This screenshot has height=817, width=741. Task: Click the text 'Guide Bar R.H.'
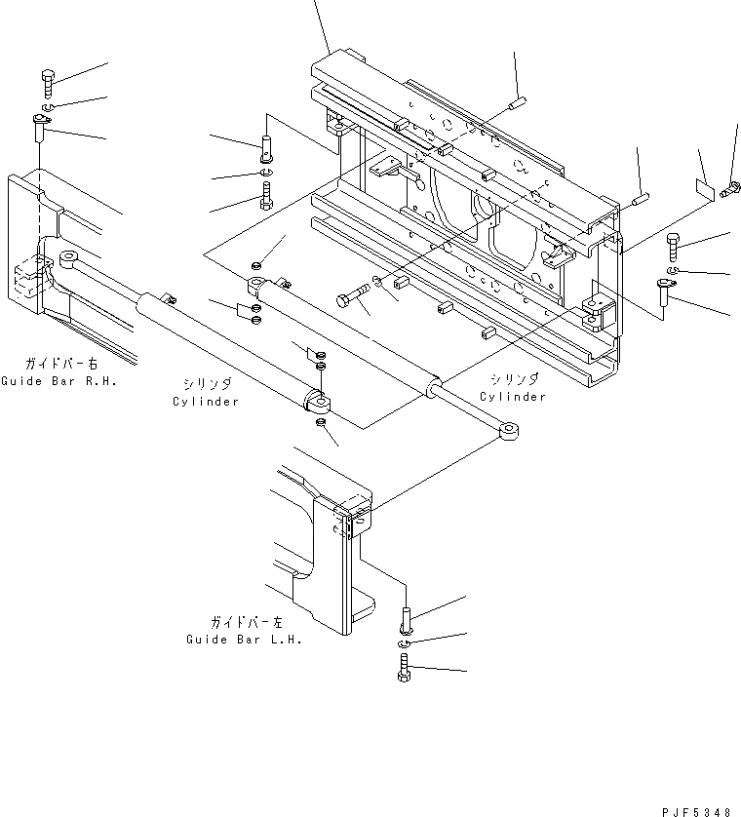point(58,381)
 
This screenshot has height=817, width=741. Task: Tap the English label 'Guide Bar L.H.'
point(244,640)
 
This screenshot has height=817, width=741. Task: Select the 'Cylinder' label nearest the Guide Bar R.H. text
point(206,401)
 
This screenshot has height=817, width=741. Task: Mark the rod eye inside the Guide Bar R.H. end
point(70,259)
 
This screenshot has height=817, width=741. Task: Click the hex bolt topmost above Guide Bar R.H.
point(47,81)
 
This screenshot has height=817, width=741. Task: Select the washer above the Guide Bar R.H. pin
point(49,105)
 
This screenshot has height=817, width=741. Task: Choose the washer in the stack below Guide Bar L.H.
point(407,642)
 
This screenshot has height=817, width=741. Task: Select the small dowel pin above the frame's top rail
point(518,98)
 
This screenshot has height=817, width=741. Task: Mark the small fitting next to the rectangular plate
point(727,193)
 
